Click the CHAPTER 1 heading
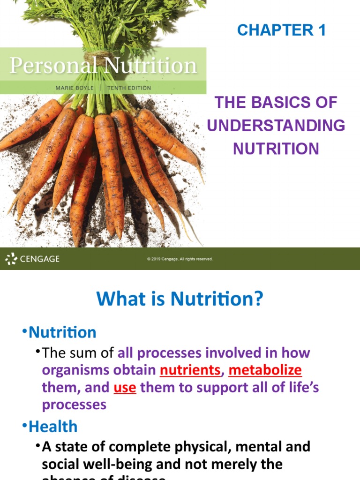[281, 30]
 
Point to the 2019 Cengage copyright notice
[180, 259]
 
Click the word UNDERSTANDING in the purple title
[276, 126]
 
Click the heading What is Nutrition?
[180, 299]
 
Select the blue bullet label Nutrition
[62, 332]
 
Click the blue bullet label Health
[53, 426]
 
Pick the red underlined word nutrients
[190, 370]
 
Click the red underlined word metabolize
[265, 370]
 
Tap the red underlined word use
[125, 388]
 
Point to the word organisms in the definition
[75, 370]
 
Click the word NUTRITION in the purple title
[276, 149]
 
